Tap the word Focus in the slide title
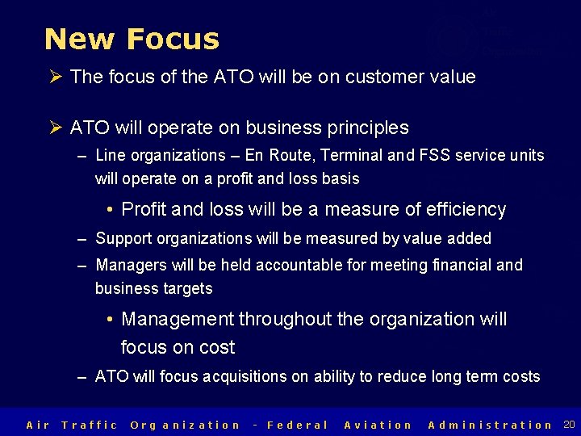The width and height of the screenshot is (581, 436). tap(172, 39)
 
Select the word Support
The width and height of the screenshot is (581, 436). tap(125, 238)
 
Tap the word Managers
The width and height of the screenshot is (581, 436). tap(129, 265)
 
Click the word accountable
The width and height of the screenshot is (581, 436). tap(292, 265)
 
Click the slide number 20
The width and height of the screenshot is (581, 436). tap(569, 425)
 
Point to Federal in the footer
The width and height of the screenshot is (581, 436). tap(298, 425)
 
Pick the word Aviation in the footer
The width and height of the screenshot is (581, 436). tap(378, 425)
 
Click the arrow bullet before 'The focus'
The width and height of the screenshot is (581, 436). tap(56, 78)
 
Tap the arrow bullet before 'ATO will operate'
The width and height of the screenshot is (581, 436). tap(56, 128)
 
